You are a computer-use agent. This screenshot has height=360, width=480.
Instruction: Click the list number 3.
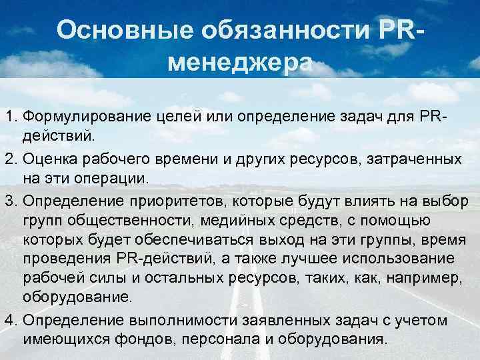(10, 201)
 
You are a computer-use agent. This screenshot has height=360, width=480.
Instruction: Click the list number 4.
(10, 320)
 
